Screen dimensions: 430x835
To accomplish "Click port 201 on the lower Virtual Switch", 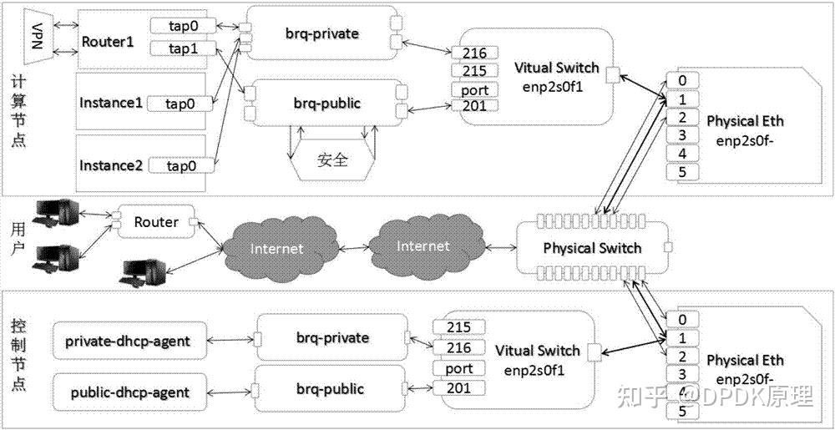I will tap(458, 387).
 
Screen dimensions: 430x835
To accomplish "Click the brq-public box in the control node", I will tap(330, 389).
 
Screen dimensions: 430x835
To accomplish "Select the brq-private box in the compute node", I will tap(321, 34).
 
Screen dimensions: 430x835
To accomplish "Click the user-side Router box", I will tap(156, 222).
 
